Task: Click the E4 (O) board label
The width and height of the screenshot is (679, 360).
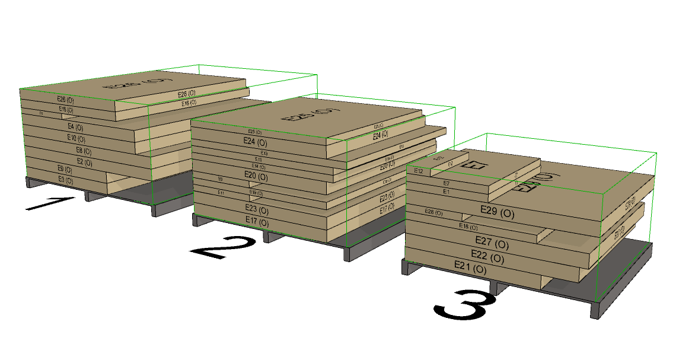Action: [x=75, y=127]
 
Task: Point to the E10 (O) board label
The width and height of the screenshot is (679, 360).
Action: [x=75, y=138]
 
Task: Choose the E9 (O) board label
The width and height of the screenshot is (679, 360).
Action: [x=65, y=169]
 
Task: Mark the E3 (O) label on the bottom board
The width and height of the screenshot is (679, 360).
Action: [x=65, y=179]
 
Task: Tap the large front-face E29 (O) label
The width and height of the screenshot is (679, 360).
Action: [x=497, y=211]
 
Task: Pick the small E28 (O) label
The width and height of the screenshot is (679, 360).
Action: [x=433, y=212]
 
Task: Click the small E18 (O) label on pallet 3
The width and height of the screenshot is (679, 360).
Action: [x=468, y=227]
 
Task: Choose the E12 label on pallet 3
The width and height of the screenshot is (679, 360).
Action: [x=419, y=171]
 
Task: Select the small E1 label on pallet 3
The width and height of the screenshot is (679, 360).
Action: [x=446, y=192]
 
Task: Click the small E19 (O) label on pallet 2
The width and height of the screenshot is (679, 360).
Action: [x=256, y=193]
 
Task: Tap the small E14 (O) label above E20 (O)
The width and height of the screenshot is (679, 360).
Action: [x=259, y=167]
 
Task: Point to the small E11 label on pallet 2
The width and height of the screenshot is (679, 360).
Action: [x=221, y=192]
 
